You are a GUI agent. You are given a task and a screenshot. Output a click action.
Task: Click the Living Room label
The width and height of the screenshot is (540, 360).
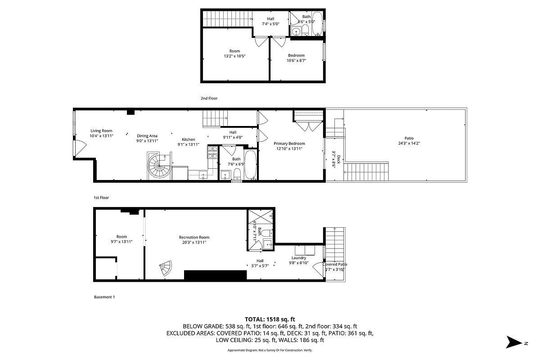coord(101,130)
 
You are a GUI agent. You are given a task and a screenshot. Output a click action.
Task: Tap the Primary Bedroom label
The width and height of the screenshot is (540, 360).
coord(289,144)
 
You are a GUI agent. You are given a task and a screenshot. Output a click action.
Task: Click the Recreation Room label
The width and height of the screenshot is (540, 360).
coord(194,237)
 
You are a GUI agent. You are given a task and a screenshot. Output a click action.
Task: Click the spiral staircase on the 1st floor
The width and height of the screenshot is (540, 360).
coord(159,166)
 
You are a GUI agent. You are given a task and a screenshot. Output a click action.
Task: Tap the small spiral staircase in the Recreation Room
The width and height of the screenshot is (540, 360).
coord(165,269)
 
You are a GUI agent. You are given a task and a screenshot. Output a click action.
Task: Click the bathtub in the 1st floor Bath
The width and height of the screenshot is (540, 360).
coord(250,165)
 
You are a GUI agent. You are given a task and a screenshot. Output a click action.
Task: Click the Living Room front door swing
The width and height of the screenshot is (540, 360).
coord(79,148)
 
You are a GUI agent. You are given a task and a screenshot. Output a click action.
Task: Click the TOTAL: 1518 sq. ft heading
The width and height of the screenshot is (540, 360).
coord(270,319)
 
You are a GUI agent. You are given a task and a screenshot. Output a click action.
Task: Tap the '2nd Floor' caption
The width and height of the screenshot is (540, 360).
coord(209,98)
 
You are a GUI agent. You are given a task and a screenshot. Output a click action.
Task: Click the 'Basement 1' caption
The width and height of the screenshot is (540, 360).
coord(104,297)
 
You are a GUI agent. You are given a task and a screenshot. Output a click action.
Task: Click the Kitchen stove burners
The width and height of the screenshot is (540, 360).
coord(212,152)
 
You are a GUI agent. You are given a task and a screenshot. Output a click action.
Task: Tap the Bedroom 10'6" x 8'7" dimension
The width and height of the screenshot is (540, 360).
coord(296,60)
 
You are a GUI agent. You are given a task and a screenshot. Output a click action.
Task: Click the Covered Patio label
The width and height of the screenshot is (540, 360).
coord(334,265)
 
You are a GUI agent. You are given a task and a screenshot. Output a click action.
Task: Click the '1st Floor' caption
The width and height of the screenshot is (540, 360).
coord(101,198)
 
